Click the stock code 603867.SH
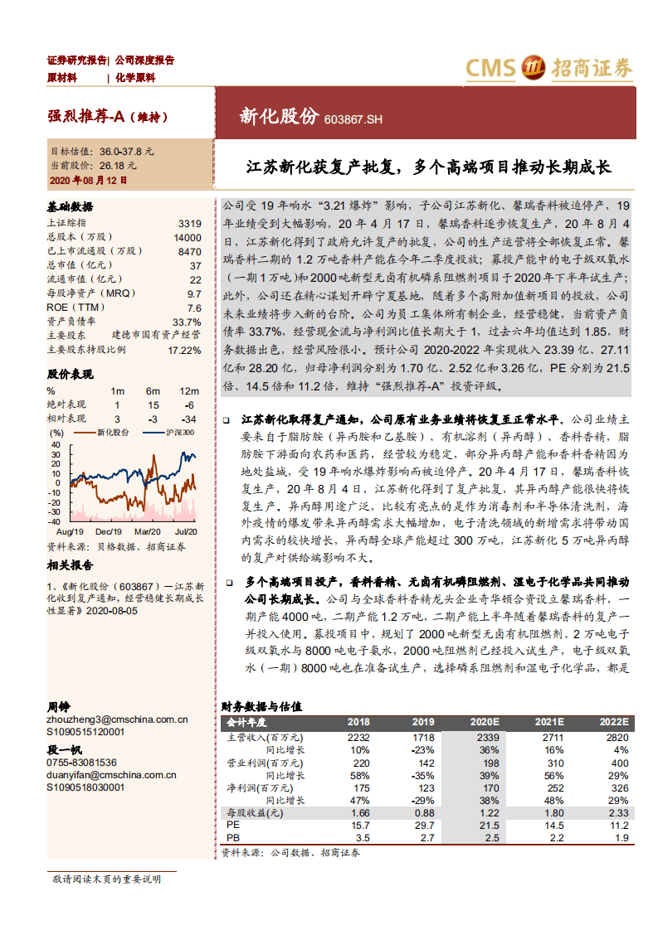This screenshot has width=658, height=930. [x=353, y=119]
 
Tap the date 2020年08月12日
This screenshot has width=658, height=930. [x=89, y=179]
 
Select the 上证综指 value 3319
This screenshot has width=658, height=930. [x=189, y=224]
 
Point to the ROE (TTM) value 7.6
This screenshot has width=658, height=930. [x=194, y=308]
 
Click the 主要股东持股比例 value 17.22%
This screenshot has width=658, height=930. [x=184, y=350]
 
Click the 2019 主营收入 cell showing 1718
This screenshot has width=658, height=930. [x=423, y=737]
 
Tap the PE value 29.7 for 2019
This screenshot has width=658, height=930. [x=423, y=826]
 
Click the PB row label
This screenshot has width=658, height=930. [x=232, y=838]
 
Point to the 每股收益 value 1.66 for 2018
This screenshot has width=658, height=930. [x=358, y=813]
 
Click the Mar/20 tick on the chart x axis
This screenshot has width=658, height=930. [x=147, y=530]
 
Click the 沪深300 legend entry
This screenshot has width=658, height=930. [x=178, y=432]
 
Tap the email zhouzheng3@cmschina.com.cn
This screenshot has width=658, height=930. [x=117, y=720]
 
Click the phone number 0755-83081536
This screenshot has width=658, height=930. [x=82, y=763]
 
